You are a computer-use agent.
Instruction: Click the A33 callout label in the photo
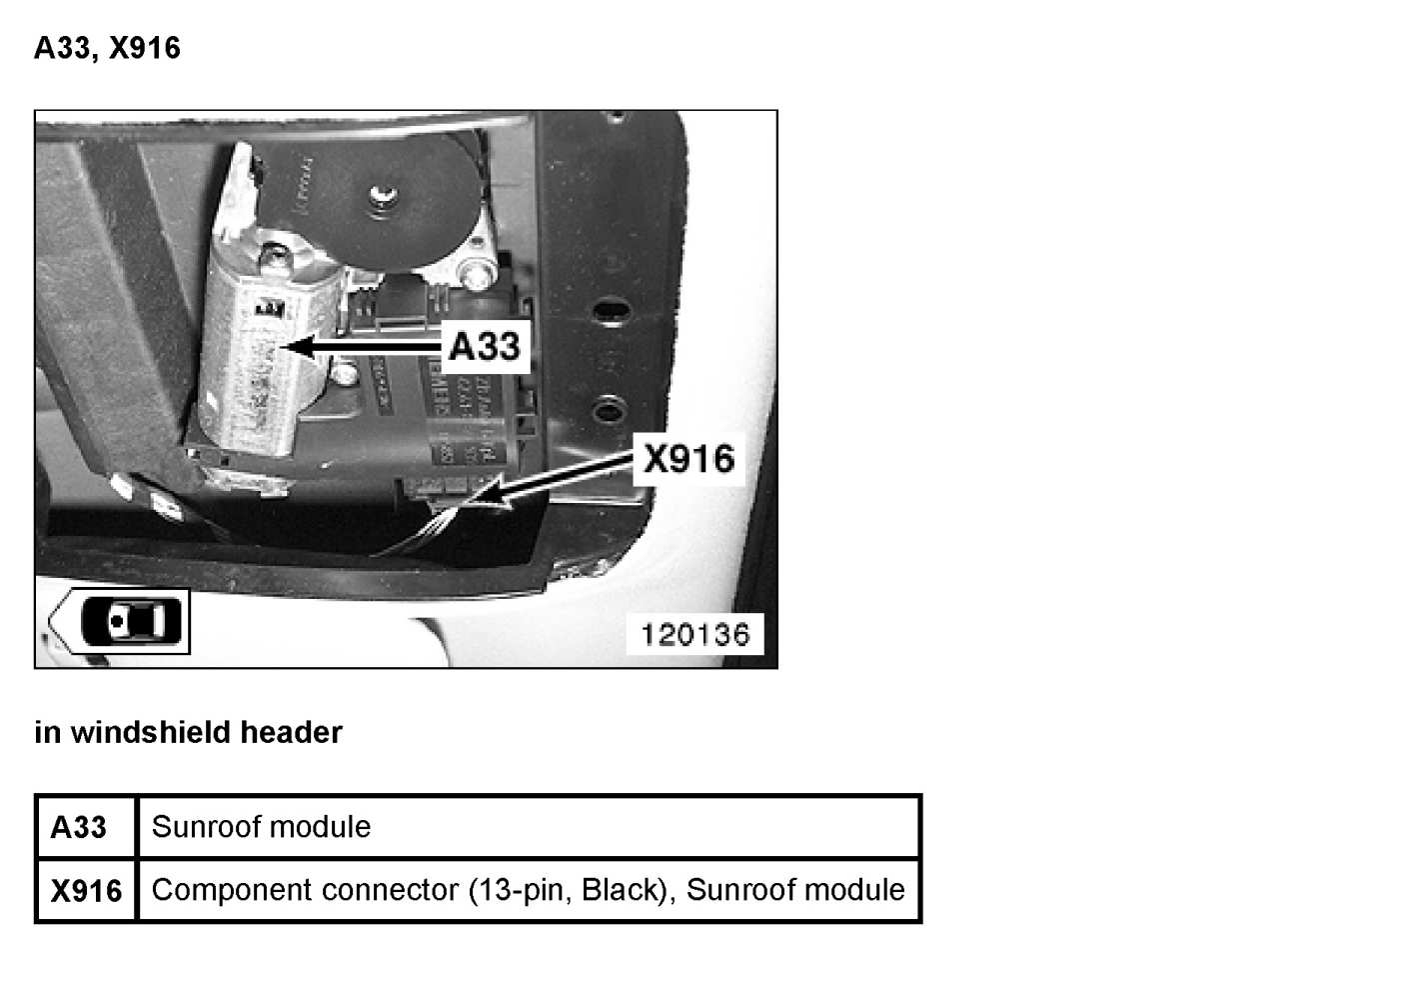[x=485, y=346]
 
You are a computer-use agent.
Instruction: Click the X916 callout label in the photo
[x=689, y=459]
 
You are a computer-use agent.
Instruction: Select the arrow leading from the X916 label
[x=560, y=481]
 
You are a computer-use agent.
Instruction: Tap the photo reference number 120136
[x=695, y=634]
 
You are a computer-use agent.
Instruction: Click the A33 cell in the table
[x=79, y=828]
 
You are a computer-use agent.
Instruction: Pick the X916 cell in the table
[x=86, y=890]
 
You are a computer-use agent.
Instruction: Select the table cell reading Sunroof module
[x=261, y=827]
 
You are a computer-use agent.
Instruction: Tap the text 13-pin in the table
[x=524, y=889]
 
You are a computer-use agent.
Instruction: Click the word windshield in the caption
[x=152, y=733]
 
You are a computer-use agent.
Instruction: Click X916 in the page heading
[x=145, y=48]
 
